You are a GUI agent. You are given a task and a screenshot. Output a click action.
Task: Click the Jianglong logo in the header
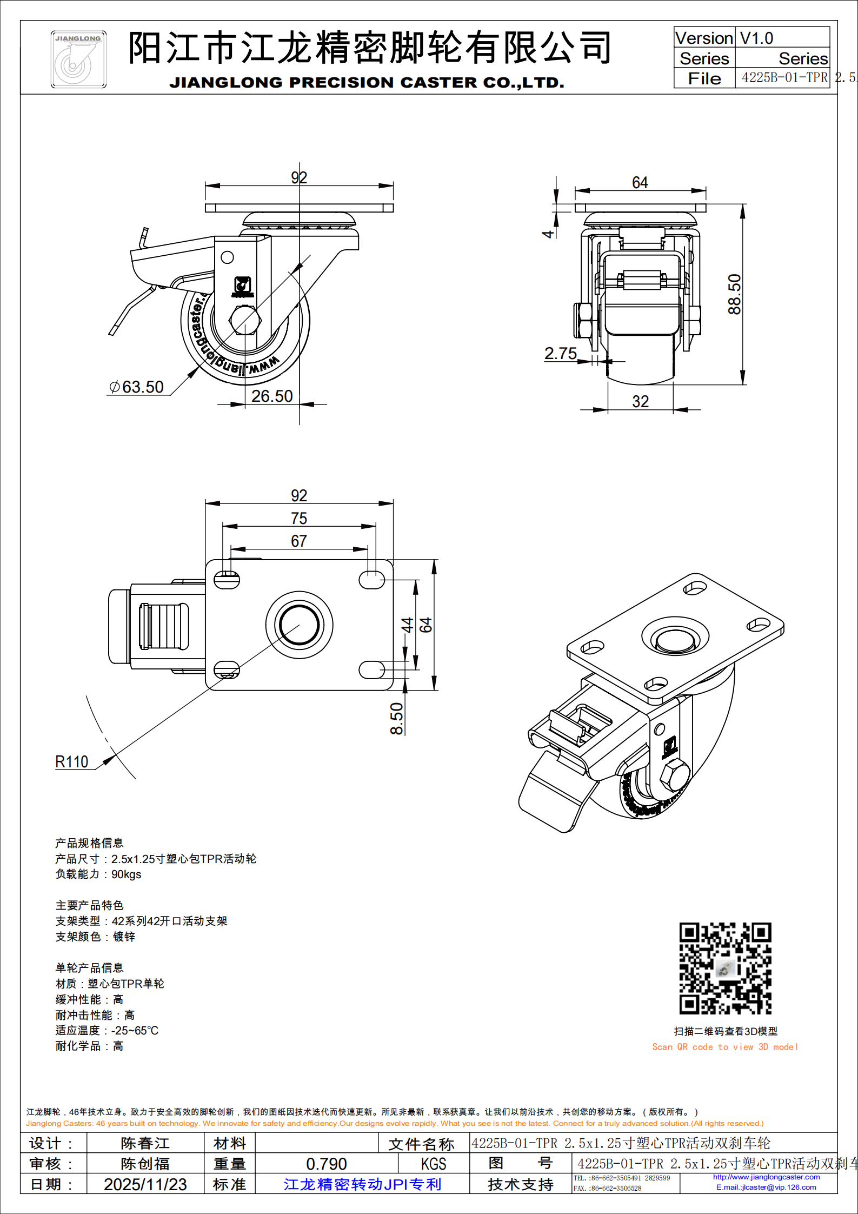click(78, 59)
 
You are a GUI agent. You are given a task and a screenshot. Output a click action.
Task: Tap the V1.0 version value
click(756, 38)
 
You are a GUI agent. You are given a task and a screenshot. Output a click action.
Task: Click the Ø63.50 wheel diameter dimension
click(137, 387)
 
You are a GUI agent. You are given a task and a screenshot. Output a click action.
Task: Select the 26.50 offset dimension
click(272, 396)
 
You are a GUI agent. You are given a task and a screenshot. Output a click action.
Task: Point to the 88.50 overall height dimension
click(734, 294)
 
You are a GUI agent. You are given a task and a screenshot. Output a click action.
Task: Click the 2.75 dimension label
click(561, 354)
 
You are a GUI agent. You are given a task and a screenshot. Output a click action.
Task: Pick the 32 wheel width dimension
click(640, 401)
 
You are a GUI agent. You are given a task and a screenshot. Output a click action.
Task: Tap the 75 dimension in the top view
click(299, 519)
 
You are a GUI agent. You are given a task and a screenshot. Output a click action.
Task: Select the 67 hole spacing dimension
click(299, 541)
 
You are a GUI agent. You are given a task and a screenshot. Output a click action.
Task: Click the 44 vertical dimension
click(407, 625)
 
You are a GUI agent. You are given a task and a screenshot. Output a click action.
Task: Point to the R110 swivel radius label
click(72, 762)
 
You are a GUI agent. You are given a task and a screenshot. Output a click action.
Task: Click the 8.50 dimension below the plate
click(397, 718)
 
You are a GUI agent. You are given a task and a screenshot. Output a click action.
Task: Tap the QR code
click(725, 968)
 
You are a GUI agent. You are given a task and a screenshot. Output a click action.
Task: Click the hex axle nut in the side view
click(245, 321)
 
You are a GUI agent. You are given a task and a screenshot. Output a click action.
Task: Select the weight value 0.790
click(326, 1164)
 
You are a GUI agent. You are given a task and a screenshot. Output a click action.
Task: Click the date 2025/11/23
click(145, 1184)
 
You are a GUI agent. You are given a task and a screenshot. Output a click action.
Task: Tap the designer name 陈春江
click(145, 1143)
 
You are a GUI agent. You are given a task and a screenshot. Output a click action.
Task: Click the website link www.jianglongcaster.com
click(766, 1177)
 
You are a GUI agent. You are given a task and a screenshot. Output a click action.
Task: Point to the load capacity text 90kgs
click(126, 874)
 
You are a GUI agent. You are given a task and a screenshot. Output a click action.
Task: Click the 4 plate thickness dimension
click(548, 234)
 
